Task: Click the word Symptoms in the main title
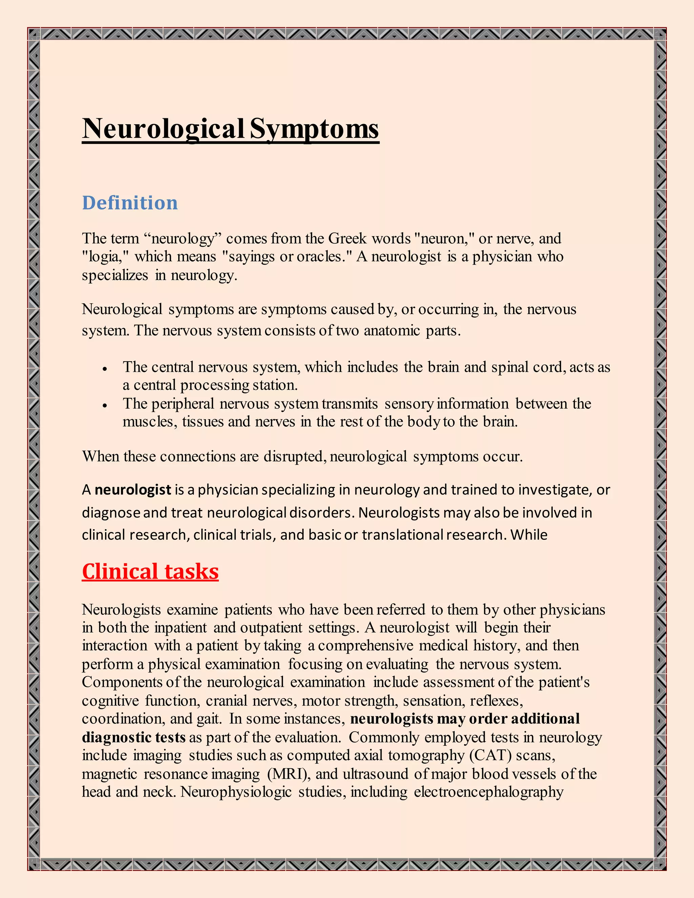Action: click(x=314, y=129)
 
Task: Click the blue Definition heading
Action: click(x=129, y=203)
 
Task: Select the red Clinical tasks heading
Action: click(x=150, y=572)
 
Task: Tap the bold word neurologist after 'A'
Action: click(x=133, y=490)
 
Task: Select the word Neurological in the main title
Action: click(x=164, y=129)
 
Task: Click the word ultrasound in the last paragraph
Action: click(x=376, y=774)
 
